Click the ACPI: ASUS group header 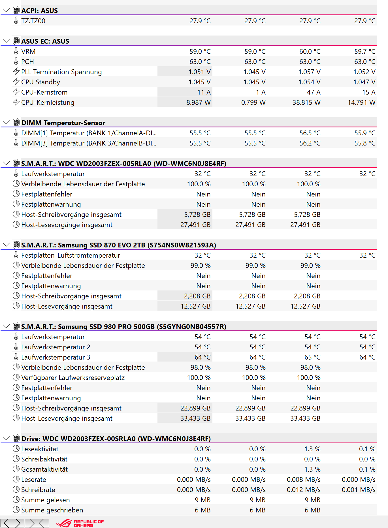(x=39, y=11)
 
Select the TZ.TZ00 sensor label (x=33, y=21)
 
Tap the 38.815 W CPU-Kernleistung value (x=306, y=102)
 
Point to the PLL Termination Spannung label (x=61, y=72)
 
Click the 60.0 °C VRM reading (x=310, y=52)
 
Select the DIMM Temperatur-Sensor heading (x=63, y=123)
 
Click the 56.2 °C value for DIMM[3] (x=310, y=143)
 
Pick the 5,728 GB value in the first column (x=197, y=215)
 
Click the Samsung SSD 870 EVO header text (x=118, y=245)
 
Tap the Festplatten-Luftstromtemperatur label (x=71, y=255)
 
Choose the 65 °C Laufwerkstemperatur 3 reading (x=312, y=357)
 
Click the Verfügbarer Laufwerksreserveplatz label (x=73, y=378)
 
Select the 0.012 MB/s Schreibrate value (x=304, y=490)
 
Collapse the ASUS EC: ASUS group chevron (x=6, y=41)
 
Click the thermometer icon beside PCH (x=16, y=61)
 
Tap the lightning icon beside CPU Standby (x=16, y=82)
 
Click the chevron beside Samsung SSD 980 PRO (x=6, y=326)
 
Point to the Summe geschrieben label (x=52, y=510)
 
